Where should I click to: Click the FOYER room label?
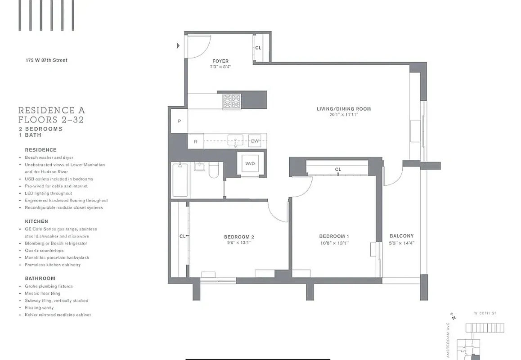pyautogui.click(x=220, y=61)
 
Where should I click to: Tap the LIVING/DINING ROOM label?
pyautogui.click(x=344, y=109)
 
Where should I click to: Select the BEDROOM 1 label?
pyautogui.click(x=334, y=237)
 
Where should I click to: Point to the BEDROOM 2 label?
pyautogui.click(x=239, y=237)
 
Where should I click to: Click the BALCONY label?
pyautogui.click(x=401, y=236)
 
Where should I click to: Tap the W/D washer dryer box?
pyautogui.click(x=250, y=163)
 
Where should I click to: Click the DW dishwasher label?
pyautogui.click(x=255, y=141)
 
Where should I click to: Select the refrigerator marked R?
pyautogui.click(x=195, y=142)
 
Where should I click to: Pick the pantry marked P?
pyautogui.click(x=179, y=121)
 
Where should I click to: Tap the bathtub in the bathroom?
pyautogui.click(x=180, y=180)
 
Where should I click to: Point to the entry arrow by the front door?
pyautogui.click(x=179, y=45)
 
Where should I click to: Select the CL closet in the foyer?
pyautogui.click(x=258, y=48)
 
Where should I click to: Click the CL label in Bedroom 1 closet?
pyautogui.click(x=337, y=169)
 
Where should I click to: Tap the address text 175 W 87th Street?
pyautogui.click(x=46, y=60)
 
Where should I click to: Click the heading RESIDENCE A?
pyautogui.click(x=51, y=110)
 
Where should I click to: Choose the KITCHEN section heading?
pyautogui.click(x=36, y=221)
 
